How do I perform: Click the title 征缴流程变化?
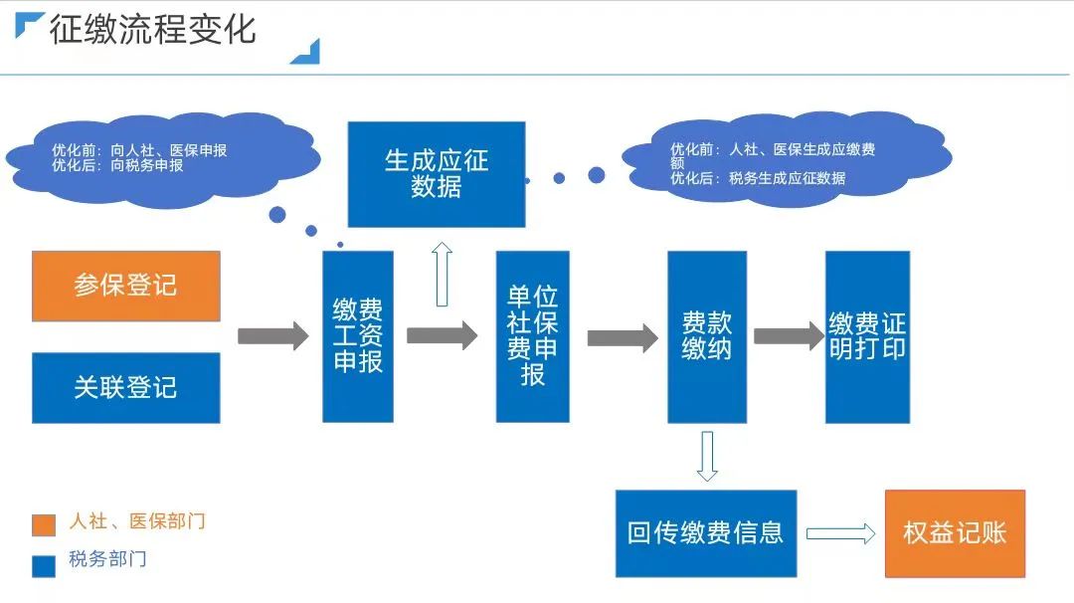[153, 30]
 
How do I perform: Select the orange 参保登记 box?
[126, 286]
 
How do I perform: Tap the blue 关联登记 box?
[126, 388]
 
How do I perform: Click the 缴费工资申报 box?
[358, 336]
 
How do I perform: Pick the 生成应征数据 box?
[437, 174]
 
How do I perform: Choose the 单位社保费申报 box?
[532, 336]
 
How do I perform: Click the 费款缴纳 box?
[707, 336]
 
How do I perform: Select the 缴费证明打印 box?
[867, 336]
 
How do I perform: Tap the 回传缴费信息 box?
[705, 533]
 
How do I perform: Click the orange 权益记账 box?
[955, 533]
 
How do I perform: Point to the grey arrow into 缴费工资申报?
[273, 336]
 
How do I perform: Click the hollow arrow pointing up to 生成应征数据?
[442, 274]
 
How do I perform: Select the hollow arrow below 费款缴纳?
[707, 457]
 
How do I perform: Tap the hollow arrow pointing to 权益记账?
[841, 533]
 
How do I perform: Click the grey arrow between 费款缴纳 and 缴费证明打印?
[789, 336]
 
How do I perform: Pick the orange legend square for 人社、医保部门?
[44, 524]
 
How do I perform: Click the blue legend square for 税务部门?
[44, 566]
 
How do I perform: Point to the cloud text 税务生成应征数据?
[787, 178]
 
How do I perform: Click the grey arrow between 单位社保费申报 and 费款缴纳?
[623, 337]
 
